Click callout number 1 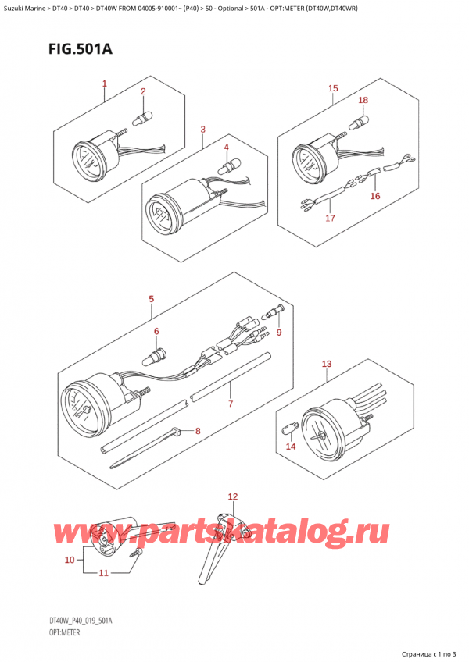coord(104,84)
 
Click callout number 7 coord(231,404)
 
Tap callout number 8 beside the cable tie coord(198,431)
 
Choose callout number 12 coord(231,496)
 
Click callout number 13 coord(327,364)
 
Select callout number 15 coord(333,88)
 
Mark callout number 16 coord(375,196)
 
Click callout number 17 coord(330,218)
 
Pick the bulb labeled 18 coord(360,122)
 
